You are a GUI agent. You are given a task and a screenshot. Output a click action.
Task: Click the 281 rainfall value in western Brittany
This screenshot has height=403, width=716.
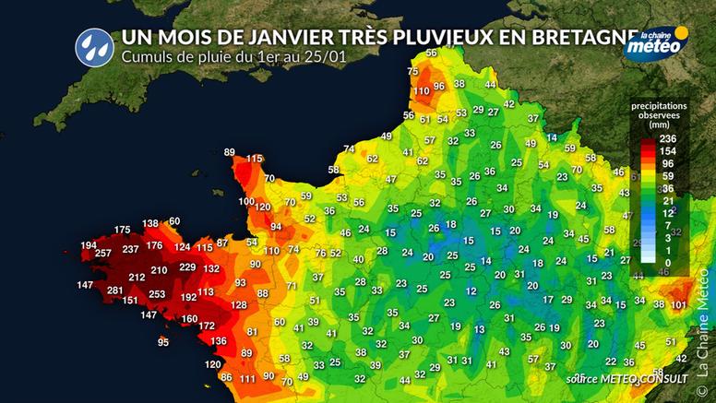(115, 291)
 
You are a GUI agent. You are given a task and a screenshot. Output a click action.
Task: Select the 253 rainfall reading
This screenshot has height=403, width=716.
(157, 295)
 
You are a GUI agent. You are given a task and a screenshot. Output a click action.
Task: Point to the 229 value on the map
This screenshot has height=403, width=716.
(187, 267)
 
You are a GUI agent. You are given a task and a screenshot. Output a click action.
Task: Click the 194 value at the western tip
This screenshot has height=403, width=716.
(89, 245)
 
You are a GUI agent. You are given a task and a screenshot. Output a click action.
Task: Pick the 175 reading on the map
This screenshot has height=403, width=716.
(122, 230)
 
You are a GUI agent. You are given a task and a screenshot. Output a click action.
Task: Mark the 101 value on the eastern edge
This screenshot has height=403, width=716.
(679, 304)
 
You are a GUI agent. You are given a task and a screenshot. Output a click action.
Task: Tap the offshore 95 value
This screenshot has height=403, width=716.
(163, 342)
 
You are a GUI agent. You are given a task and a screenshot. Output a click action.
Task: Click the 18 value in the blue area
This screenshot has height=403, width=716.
(450, 224)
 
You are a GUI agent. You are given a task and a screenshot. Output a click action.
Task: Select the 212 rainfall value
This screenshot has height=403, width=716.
(137, 277)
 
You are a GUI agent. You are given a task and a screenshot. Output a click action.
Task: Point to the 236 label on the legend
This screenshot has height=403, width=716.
(669, 139)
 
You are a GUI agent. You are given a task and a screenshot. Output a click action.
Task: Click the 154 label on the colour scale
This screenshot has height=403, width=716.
(669, 151)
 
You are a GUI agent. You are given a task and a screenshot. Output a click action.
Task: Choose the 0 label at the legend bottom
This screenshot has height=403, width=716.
(669, 264)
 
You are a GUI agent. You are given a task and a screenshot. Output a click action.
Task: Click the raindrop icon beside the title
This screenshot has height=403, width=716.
(91, 43)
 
